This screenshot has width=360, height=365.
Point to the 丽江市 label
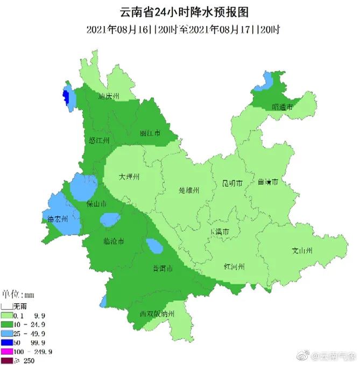pos(150,133)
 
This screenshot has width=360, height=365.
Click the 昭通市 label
pos(282,107)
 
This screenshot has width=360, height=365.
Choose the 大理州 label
pos(129,176)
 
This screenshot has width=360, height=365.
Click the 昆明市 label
pos(233,184)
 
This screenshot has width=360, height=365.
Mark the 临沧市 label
pos(114,241)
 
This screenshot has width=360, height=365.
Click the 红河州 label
pos(235,267)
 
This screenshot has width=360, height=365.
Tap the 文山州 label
pos(302,251)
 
